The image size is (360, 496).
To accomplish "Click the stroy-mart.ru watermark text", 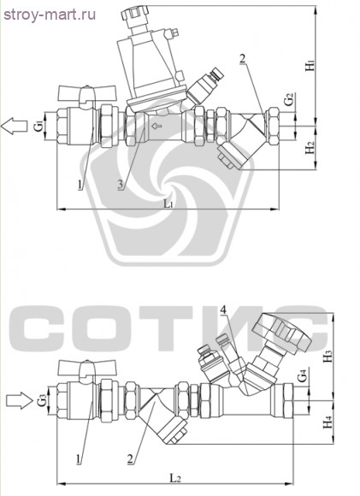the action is tap(50, 15).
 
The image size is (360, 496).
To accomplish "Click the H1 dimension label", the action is tap(310, 65).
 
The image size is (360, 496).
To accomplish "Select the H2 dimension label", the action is tap(310, 148).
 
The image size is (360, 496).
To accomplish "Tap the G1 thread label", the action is tap(38, 127).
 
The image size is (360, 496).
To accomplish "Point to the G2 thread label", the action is tap(288, 100).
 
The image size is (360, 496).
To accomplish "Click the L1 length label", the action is tap(168, 204).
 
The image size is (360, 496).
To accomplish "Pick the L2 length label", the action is tap(175, 477).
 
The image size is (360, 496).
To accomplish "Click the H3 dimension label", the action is tap(328, 357).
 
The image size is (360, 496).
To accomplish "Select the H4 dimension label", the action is tap(328, 422).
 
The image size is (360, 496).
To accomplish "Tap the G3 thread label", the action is tap(42, 400).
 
